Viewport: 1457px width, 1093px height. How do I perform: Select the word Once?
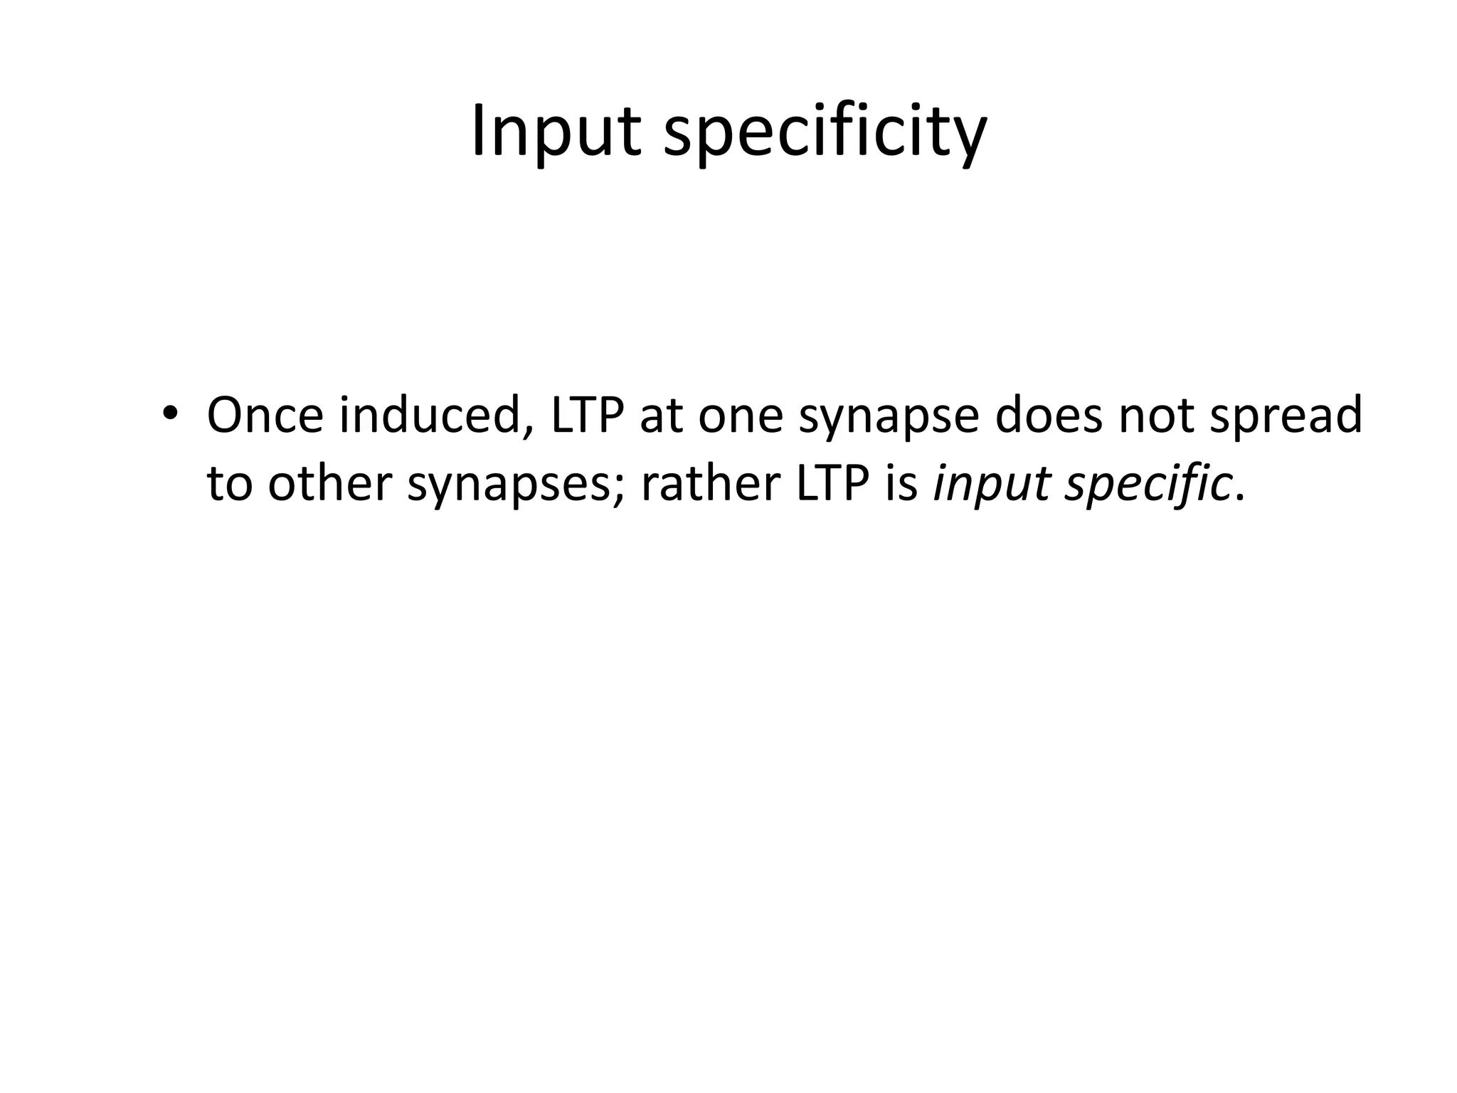coord(265,416)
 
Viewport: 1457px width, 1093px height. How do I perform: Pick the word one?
coord(740,417)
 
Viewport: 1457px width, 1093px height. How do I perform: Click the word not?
coord(1155,417)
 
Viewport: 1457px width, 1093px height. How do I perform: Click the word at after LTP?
coord(660,417)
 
